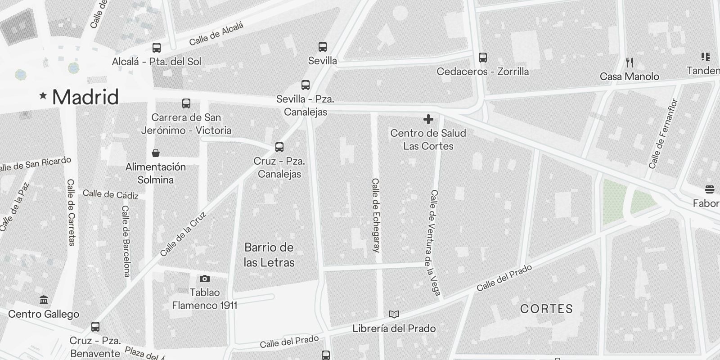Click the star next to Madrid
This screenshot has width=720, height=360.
(x=43, y=95)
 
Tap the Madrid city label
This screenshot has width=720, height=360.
(x=85, y=97)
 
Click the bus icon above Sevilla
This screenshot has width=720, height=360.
(x=323, y=46)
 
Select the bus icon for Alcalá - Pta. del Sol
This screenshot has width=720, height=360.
(x=157, y=47)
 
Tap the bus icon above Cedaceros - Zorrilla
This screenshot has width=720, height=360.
(x=483, y=57)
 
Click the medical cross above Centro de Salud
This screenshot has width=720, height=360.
(x=428, y=119)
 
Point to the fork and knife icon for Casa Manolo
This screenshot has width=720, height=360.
(x=630, y=63)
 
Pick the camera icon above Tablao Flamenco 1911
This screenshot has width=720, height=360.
(x=204, y=279)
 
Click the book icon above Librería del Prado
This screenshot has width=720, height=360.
(x=394, y=314)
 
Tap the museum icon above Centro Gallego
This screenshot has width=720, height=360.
(x=44, y=300)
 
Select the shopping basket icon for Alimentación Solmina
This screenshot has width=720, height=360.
(x=156, y=153)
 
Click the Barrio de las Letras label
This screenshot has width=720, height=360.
(x=269, y=255)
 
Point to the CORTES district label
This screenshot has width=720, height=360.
(x=546, y=309)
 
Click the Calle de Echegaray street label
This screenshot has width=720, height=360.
(x=376, y=215)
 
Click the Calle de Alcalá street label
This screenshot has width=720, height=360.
(x=216, y=34)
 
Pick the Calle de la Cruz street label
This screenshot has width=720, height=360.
(x=183, y=234)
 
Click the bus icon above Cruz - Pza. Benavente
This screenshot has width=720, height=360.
(x=95, y=327)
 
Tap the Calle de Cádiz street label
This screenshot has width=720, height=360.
(x=111, y=194)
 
